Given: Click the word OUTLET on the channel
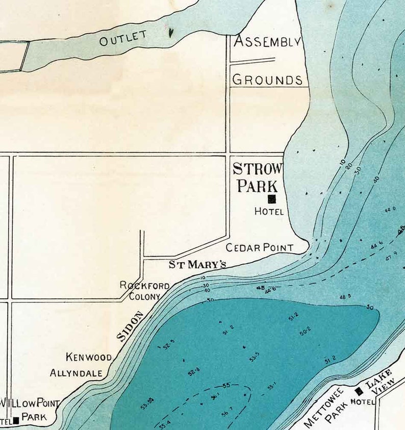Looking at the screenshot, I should pos(123,38).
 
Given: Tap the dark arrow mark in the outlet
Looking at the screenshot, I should pos(171,33).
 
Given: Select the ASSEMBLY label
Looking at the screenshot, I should pos(267,42).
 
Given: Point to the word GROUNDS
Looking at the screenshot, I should pos(267,80).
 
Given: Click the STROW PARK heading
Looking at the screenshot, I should pos(258,177).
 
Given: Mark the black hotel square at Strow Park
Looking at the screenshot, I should pos(272,199).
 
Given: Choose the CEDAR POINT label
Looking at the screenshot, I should pos(260,248).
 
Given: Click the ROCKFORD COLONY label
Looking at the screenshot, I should pos(144,291).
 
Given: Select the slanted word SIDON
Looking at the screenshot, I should pos(131,326).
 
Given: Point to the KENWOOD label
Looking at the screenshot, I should pos(88,357).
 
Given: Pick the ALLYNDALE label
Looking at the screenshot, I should pos(76,373).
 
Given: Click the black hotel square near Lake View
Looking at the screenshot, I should pos(359,391).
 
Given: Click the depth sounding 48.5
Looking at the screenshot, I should pos(345,296).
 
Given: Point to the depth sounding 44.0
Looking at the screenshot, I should pos(390,210).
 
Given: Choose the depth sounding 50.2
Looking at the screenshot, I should pos(305,332).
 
